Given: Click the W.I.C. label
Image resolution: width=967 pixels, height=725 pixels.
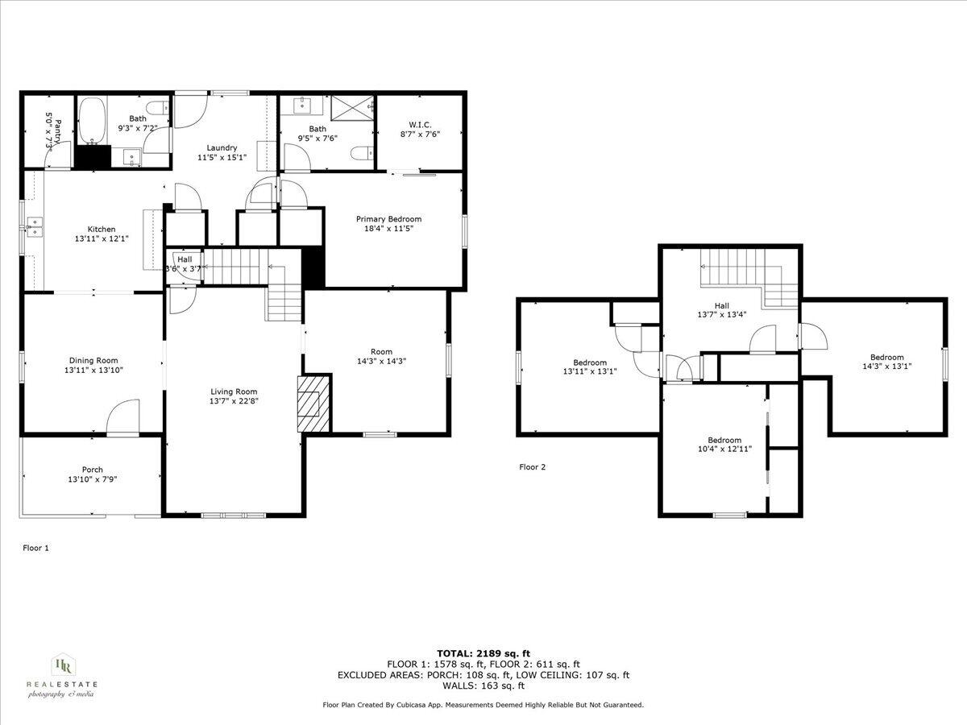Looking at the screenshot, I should (420, 125).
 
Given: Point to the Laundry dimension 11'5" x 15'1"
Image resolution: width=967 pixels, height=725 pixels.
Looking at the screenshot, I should (222, 158).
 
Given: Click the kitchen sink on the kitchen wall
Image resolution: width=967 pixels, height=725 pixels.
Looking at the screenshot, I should (34, 226).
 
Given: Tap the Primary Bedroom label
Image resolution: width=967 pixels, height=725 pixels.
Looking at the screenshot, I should (389, 219).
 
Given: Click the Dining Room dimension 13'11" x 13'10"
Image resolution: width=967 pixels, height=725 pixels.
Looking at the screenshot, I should (93, 371).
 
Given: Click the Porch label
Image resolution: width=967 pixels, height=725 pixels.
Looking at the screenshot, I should (92, 470).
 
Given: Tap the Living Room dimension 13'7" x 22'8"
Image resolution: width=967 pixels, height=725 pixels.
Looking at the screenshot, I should (234, 400).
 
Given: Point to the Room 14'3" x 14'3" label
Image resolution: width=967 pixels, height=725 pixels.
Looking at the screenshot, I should (381, 352).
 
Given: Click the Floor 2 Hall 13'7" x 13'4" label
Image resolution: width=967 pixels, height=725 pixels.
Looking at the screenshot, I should (721, 306).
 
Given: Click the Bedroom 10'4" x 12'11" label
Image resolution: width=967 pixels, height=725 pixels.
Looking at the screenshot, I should (724, 441).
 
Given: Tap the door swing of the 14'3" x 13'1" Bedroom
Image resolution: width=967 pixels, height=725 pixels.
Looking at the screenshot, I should (812, 337).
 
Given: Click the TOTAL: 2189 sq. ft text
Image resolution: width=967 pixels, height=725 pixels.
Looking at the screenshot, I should (483, 653).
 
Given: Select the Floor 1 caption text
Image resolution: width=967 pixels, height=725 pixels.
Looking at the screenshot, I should (35, 548).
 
